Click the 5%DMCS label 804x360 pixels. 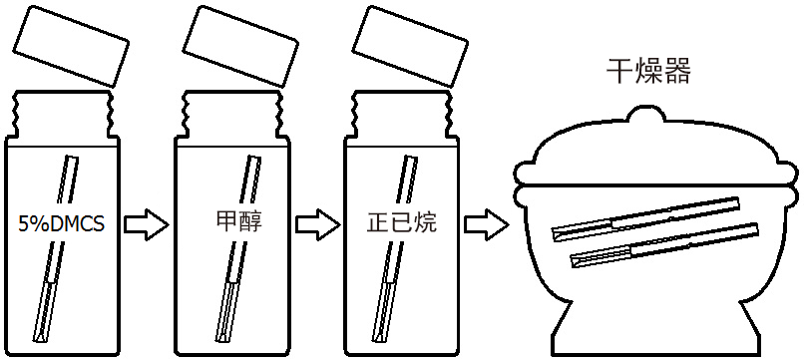[x=61, y=223]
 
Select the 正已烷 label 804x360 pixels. [x=402, y=222]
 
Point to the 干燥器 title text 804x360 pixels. [x=648, y=71]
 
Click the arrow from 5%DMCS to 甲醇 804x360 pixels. [x=146, y=224]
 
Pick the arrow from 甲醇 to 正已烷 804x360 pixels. [x=317, y=224]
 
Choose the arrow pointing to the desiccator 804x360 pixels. [x=486, y=224]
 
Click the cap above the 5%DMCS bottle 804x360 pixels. [x=71, y=46]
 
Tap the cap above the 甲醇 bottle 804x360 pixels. [x=240, y=46]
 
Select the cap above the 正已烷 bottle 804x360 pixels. [x=410, y=46]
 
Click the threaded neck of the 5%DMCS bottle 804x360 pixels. [x=62, y=115]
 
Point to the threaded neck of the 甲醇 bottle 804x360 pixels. [x=231, y=115]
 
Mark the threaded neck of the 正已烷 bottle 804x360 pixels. [x=401, y=115]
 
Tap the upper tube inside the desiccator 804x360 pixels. [x=646, y=218]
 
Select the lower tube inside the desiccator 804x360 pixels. [x=664, y=244]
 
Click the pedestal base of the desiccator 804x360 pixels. [x=654, y=327]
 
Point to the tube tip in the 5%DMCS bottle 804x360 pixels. [x=40, y=338]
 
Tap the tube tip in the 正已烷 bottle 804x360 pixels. [x=380, y=338]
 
